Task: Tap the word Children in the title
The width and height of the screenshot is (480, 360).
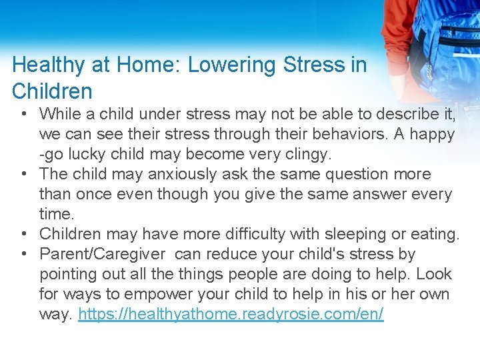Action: (x=52, y=91)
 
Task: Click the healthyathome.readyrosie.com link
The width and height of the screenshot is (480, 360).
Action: (x=231, y=314)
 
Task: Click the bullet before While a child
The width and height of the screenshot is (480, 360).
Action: (x=23, y=115)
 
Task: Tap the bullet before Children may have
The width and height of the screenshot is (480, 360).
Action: (x=23, y=235)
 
